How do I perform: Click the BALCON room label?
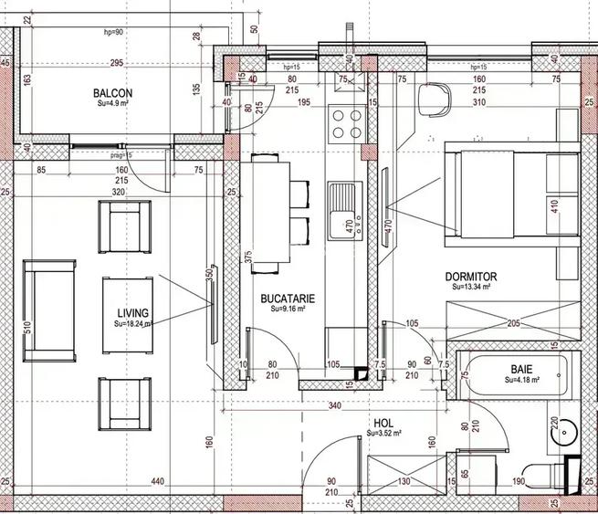113,93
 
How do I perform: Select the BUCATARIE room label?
288,299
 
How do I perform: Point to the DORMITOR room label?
470,276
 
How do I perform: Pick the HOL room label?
383,424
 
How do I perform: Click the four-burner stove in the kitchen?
347,124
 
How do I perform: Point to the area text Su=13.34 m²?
472,286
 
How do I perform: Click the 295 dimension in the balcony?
115,63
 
